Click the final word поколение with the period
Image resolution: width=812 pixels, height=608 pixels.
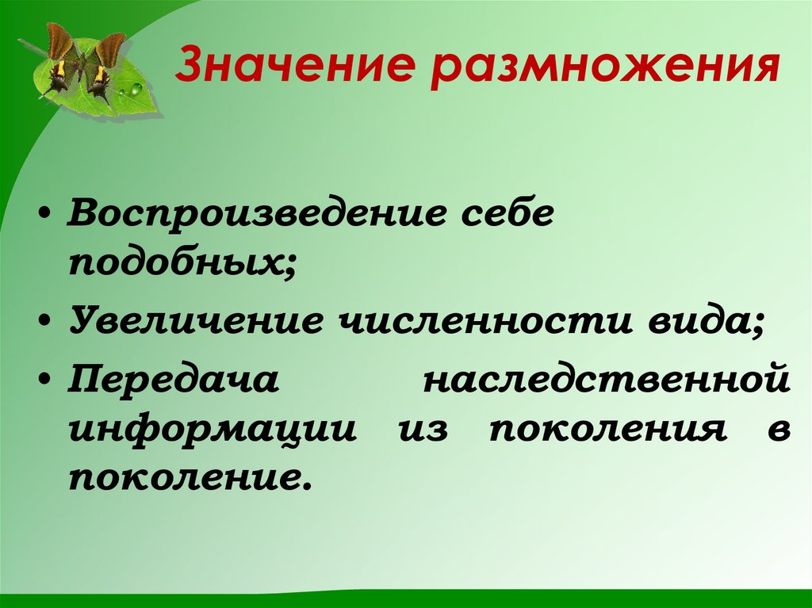(186, 478)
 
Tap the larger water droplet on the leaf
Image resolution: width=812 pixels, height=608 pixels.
(136, 88)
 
